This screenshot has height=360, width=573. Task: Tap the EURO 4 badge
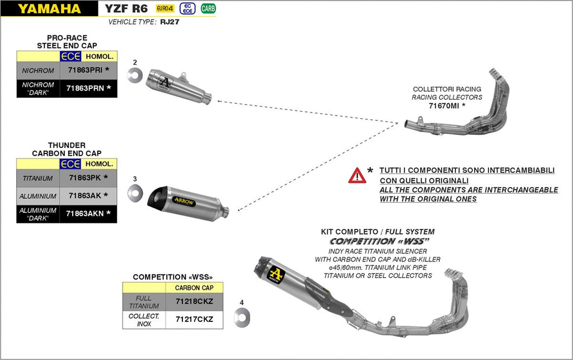tap(165, 8)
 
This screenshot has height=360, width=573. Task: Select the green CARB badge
tap(208, 8)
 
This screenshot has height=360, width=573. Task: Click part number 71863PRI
tap(84, 71)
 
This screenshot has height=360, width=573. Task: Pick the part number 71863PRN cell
tap(84, 88)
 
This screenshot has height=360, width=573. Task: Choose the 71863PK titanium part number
tap(84, 178)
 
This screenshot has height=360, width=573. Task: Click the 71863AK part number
tap(84, 196)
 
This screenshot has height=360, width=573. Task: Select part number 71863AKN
tap(84, 213)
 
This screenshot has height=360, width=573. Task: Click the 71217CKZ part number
tap(195, 320)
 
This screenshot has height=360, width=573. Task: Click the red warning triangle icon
tap(357, 176)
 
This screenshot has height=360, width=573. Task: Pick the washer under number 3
tap(135, 193)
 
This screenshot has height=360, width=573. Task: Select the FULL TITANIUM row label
tap(144, 302)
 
